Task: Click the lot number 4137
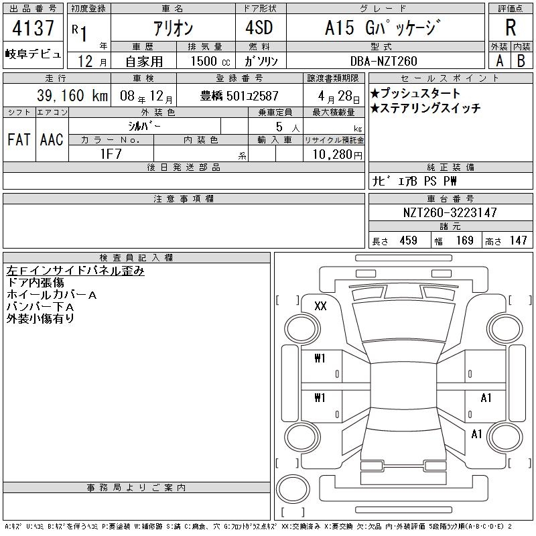tap(33, 28)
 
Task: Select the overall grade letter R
tap(511, 27)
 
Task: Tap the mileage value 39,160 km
tap(72, 95)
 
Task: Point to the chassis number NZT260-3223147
tap(450, 212)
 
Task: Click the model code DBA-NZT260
tap(384, 61)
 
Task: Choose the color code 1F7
tap(111, 154)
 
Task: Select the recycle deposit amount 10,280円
tap(337, 155)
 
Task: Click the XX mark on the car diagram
tap(320, 306)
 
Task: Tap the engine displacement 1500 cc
tap(210, 61)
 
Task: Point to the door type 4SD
tap(259, 27)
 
